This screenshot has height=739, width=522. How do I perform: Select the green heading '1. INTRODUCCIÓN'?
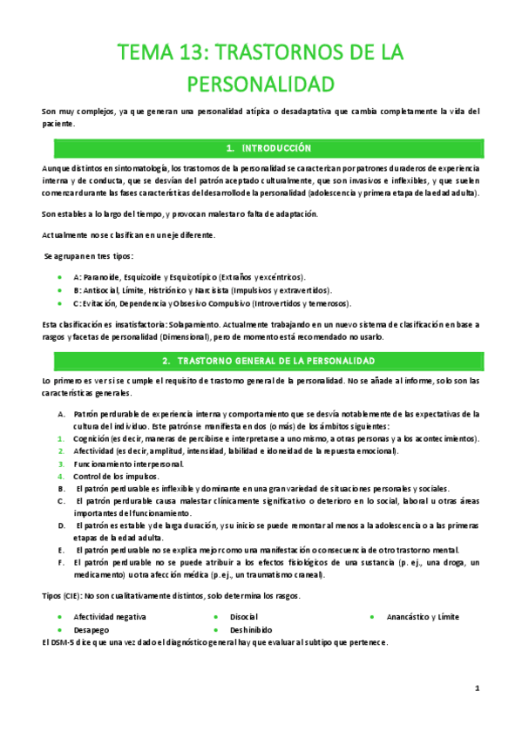coord(261,149)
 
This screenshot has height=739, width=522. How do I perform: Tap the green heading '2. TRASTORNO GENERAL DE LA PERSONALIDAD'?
coord(261,361)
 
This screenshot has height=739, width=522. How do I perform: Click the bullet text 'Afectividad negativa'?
coord(110,617)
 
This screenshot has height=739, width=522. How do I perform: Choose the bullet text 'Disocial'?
coord(246,617)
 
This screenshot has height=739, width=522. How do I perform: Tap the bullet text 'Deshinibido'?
coord(253,629)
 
